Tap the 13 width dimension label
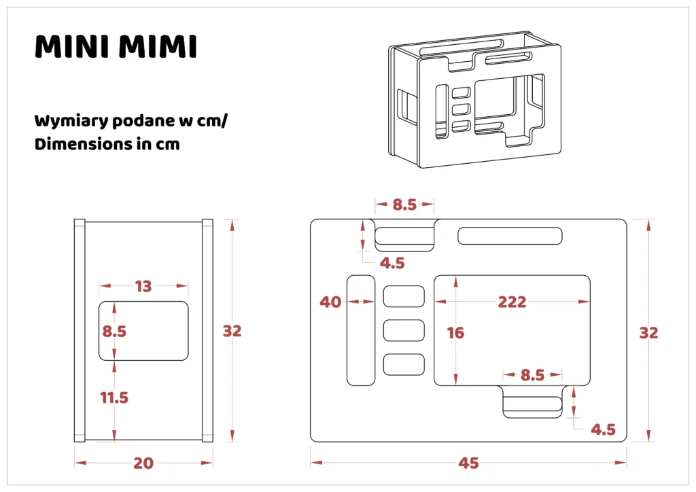[x=143, y=286]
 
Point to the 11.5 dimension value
[x=114, y=398]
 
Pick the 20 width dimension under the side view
[x=143, y=463]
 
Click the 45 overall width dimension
[x=468, y=463]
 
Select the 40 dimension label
[x=330, y=302]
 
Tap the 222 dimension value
[x=512, y=302]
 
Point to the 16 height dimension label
[x=455, y=332]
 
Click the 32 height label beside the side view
[x=232, y=331]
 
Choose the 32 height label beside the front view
[x=648, y=332]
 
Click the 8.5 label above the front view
[x=404, y=204]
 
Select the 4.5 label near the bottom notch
[x=602, y=429]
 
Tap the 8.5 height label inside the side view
[x=114, y=331]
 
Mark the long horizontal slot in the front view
[x=510, y=236]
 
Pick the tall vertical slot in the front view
[x=361, y=330]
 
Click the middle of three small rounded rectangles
[x=404, y=330]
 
